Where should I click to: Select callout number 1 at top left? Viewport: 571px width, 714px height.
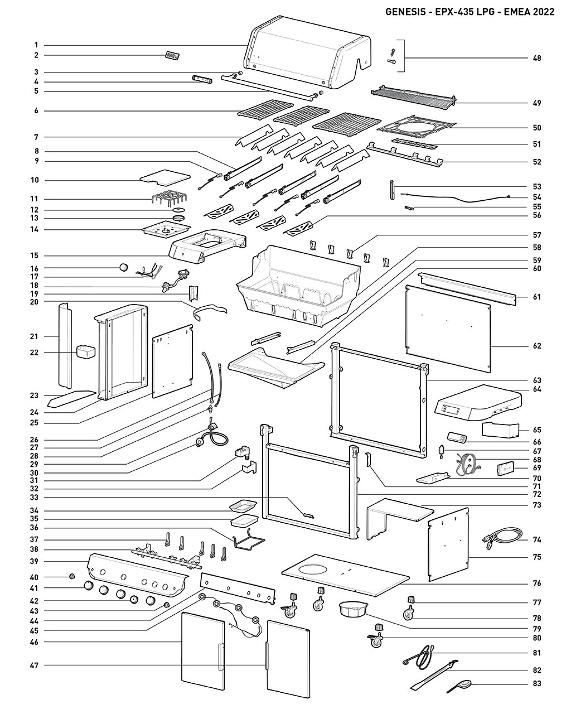36,45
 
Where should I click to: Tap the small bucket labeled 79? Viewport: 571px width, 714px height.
353,609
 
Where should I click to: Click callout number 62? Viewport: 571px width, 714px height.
536,346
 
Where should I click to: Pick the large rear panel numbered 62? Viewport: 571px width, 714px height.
449,329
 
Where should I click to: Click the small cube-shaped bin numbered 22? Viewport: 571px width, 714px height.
85,352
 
